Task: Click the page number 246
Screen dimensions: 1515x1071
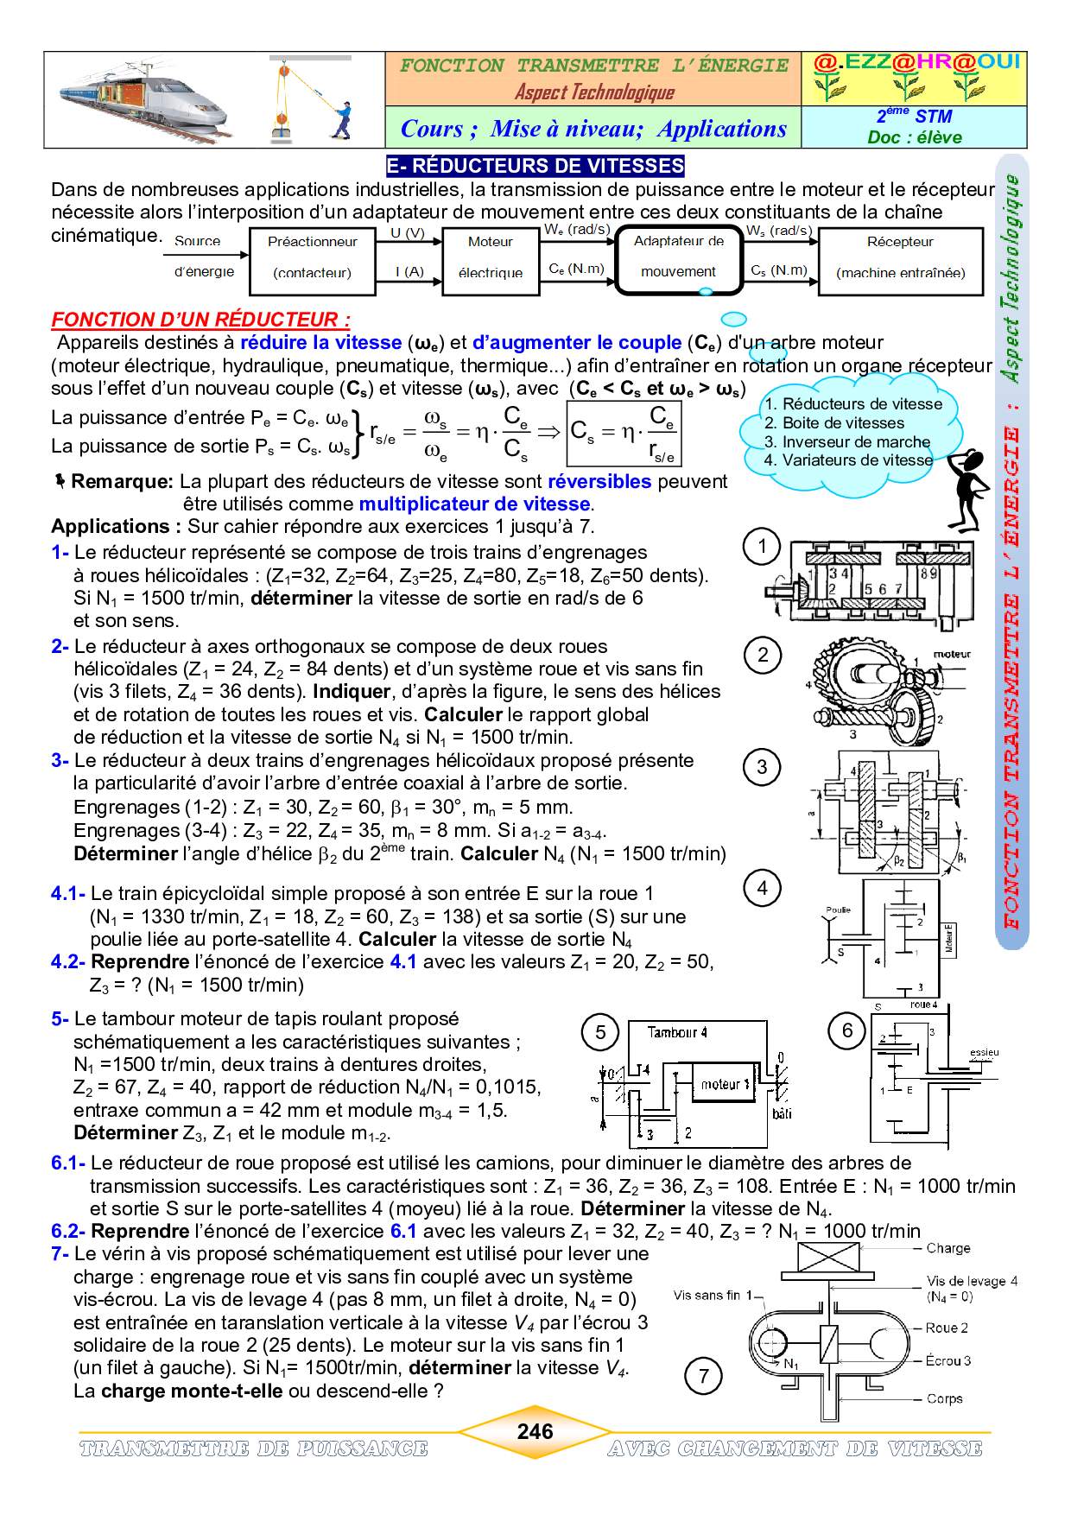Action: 535,1431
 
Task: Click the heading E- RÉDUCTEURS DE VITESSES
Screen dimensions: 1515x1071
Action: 535,166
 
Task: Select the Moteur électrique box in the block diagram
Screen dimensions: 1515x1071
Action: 490,257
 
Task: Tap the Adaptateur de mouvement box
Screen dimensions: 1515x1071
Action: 679,257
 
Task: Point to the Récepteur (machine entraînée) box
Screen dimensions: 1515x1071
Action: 900,257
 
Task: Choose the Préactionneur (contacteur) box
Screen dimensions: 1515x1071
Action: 312,257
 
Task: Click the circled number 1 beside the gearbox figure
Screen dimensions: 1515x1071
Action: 762,546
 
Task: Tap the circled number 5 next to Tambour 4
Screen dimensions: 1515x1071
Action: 601,1032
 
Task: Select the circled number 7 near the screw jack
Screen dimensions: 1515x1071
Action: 704,1376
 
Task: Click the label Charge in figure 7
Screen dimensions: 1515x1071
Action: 947,1248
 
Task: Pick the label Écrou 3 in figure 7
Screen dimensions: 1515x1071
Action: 947,1360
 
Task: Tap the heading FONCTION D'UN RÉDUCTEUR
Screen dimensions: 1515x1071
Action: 201,320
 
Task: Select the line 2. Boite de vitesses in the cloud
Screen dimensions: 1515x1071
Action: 833,423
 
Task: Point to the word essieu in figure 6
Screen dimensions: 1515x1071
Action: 984,1052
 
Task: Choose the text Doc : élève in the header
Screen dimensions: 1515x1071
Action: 914,137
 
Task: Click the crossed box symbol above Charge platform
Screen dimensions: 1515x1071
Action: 828,1257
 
